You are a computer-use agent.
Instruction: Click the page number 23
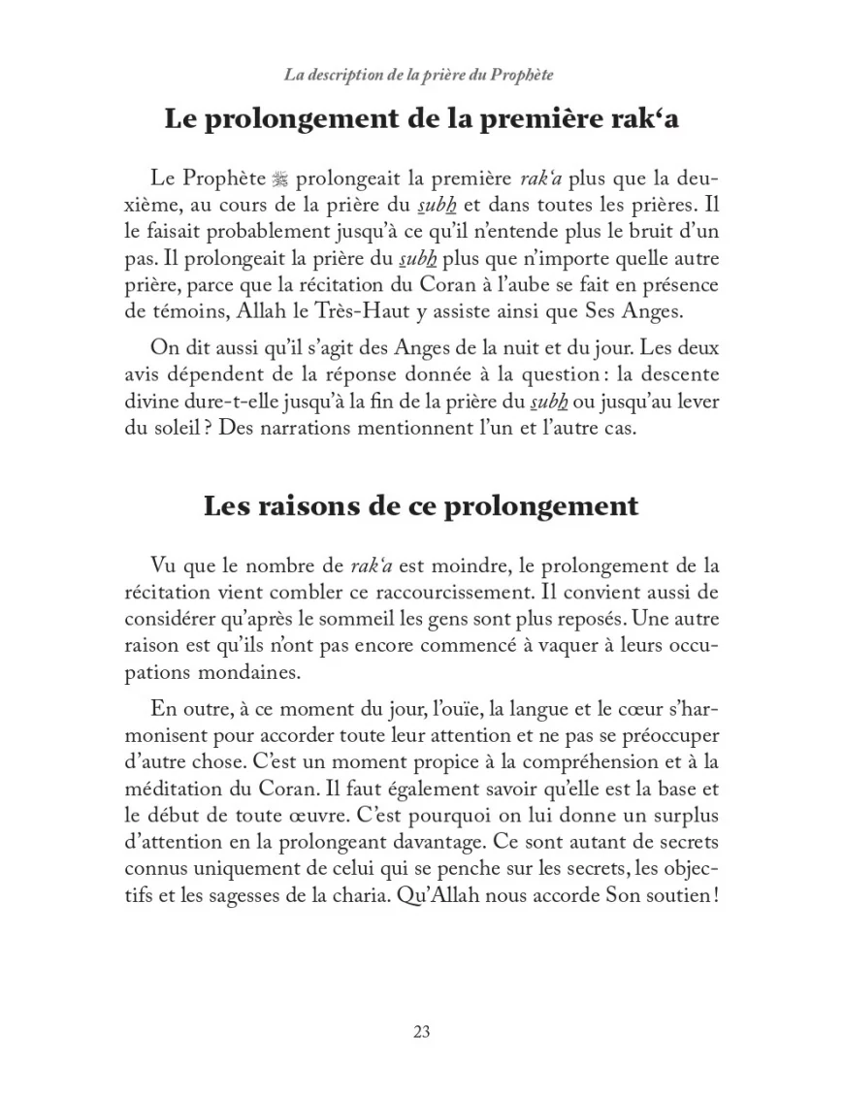point(421,1032)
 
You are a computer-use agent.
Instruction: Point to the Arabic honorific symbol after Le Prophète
point(280,180)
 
